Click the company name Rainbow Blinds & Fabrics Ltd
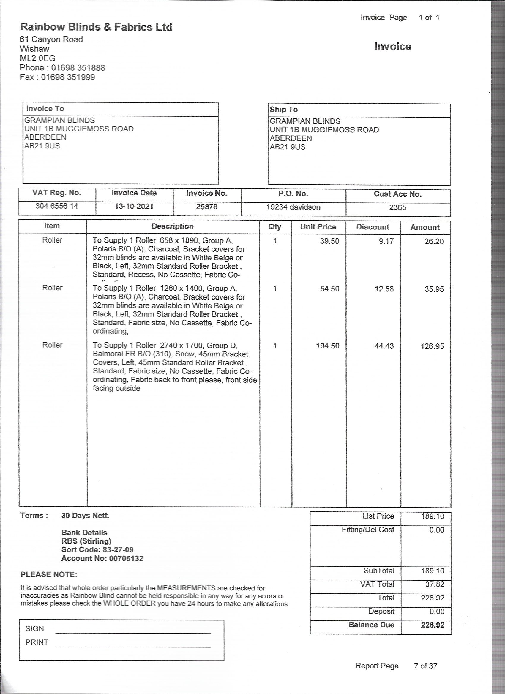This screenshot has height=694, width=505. pos(96,27)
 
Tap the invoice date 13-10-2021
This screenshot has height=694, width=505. pos(134,206)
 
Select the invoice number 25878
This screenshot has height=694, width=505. pos(207,207)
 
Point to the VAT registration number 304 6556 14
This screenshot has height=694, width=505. pos(57,206)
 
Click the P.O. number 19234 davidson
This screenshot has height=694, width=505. pos(293,207)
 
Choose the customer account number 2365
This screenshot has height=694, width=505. pos(397,207)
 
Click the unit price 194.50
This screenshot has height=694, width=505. pos(327,346)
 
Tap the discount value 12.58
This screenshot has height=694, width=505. pos(384,289)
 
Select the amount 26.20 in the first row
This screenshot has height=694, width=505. pos(434,241)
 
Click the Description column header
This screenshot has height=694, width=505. pos(172,226)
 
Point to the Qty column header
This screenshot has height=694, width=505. pos(275,226)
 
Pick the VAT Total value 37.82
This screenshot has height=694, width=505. pos(435,584)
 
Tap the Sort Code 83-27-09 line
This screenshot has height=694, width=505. pos(97,549)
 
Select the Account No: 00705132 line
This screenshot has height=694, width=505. pos(102,558)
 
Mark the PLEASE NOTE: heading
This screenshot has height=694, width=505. pos(49,574)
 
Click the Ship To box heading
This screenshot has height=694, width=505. pos(284,110)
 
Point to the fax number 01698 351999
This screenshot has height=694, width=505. pos(68,77)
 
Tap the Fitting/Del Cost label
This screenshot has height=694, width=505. pos(368,530)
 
